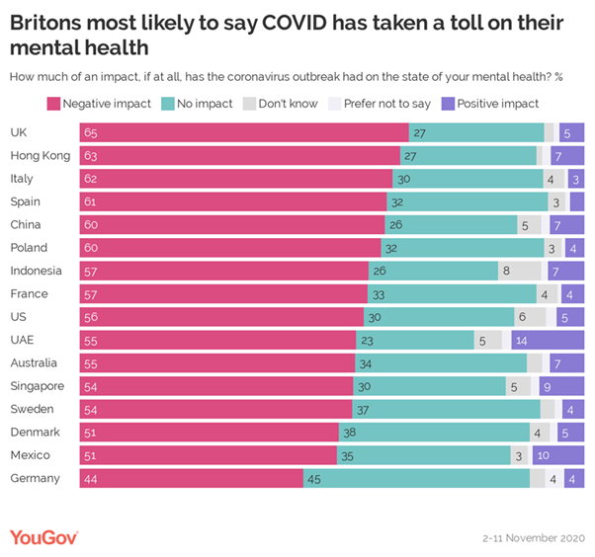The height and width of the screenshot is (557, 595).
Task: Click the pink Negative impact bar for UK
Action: click(252, 132)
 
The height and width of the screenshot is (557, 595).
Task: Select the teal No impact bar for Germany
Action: click(416, 478)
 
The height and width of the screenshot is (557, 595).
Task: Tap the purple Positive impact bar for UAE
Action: click(548, 340)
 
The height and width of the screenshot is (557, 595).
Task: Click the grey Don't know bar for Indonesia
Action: click(520, 271)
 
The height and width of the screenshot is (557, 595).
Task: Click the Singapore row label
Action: click(37, 386)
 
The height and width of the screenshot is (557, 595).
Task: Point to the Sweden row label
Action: click(33, 409)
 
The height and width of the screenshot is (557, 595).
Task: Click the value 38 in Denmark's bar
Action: click(348, 433)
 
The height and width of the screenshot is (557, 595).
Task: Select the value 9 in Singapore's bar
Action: click(546, 386)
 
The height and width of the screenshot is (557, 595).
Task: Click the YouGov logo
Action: click(43, 536)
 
